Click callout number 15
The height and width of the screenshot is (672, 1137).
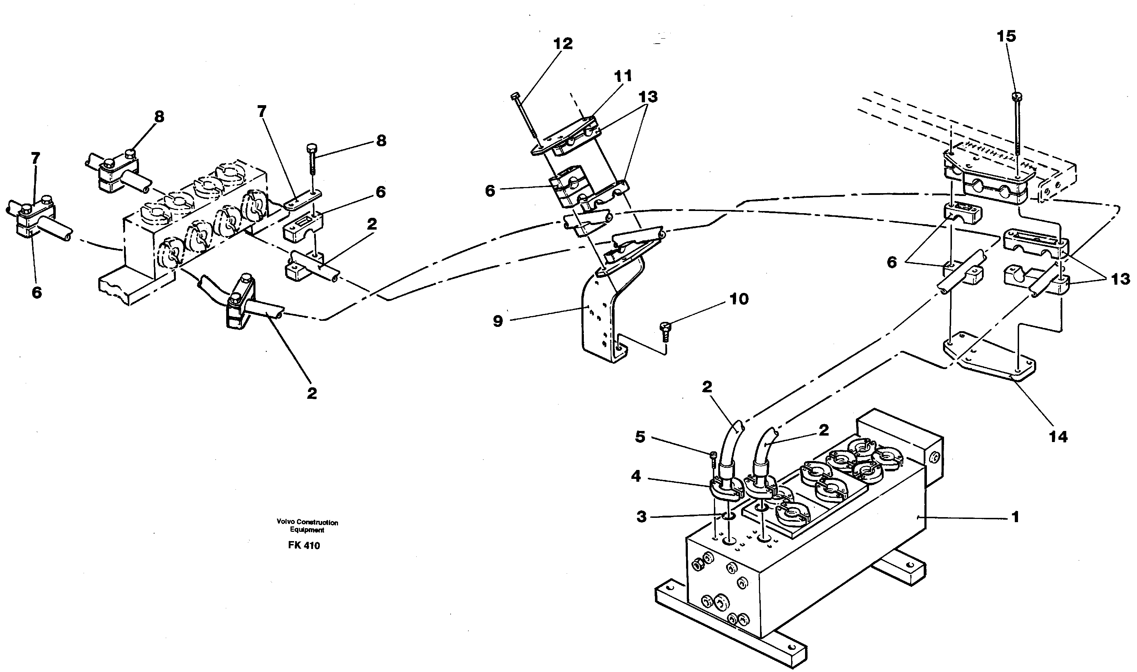click(x=1006, y=36)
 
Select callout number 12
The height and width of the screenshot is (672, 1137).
click(x=562, y=44)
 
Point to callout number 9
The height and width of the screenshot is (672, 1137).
click(x=498, y=322)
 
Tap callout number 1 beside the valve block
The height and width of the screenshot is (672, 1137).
click(x=1015, y=517)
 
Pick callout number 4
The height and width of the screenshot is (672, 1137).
click(x=636, y=476)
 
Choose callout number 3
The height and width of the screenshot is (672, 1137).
click(x=641, y=517)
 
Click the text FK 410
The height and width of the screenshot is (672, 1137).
click(x=304, y=546)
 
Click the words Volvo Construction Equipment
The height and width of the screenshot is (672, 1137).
click(x=307, y=526)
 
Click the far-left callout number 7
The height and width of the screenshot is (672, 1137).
click(x=35, y=158)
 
